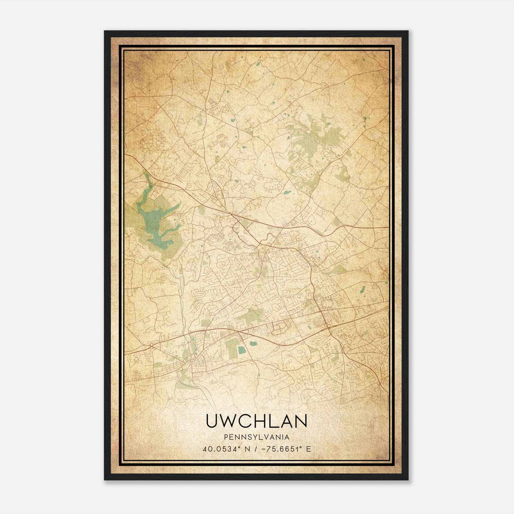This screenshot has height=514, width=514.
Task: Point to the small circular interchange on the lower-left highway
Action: (151, 347)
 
